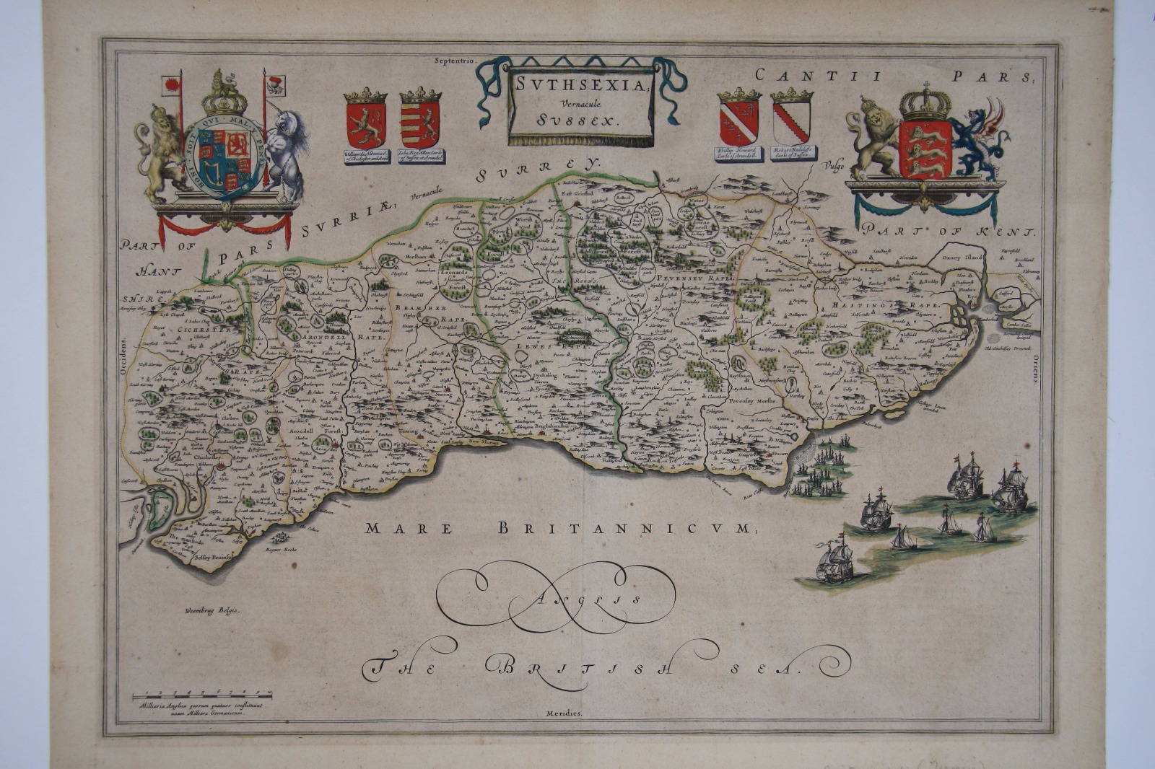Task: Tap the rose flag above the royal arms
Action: [172, 85]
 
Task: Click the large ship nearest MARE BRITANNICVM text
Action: [834, 559]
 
